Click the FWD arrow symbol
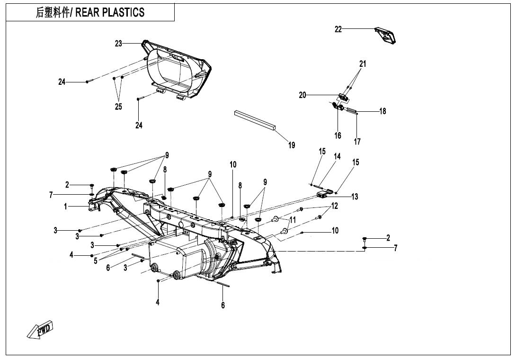pos(40,330)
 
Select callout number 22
pos(338,29)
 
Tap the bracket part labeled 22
pos(386,36)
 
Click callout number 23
pos(118,44)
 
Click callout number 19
pos(292,145)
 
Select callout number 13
pos(355,197)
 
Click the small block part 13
pos(323,194)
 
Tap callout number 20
pos(303,95)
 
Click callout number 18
pos(383,111)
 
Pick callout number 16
pos(338,135)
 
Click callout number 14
pos(337,156)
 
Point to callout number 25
pos(118,107)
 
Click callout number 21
pos(363,63)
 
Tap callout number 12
pos(335,206)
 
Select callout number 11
pos(293,220)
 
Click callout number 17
pos(357,142)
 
